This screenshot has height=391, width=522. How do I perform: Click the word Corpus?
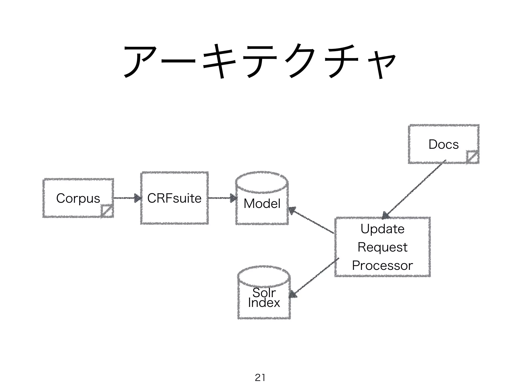78,198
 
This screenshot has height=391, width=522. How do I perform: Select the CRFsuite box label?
174,198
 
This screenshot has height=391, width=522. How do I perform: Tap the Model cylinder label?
262,204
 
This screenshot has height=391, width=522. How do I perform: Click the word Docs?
443,144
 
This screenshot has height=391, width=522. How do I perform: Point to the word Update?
382,229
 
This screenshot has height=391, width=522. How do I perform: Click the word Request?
382,247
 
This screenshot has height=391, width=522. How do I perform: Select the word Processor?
382,266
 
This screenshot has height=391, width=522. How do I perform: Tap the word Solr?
264,292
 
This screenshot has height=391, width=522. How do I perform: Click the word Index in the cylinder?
264,303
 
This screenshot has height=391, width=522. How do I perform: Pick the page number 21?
260,378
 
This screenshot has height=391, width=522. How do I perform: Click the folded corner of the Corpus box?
107,211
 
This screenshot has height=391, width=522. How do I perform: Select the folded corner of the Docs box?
472,157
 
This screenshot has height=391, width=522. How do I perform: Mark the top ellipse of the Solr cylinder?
264,276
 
